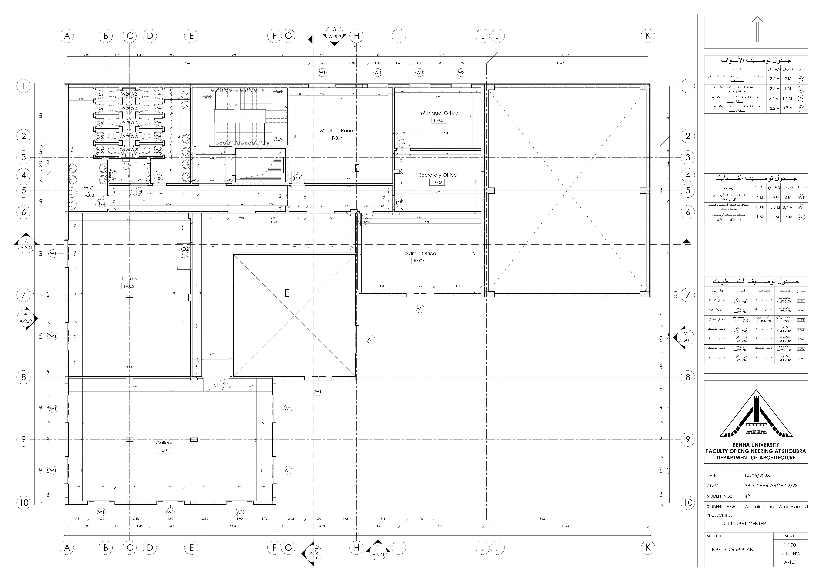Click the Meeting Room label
(x=337, y=131)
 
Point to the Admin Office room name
(x=420, y=253)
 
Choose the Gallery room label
(x=164, y=443)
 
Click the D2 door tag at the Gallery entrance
(x=223, y=383)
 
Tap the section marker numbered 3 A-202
(x=334, y=35)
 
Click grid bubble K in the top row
(x=648, y=36)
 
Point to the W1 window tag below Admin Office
(x=420, y=309)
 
